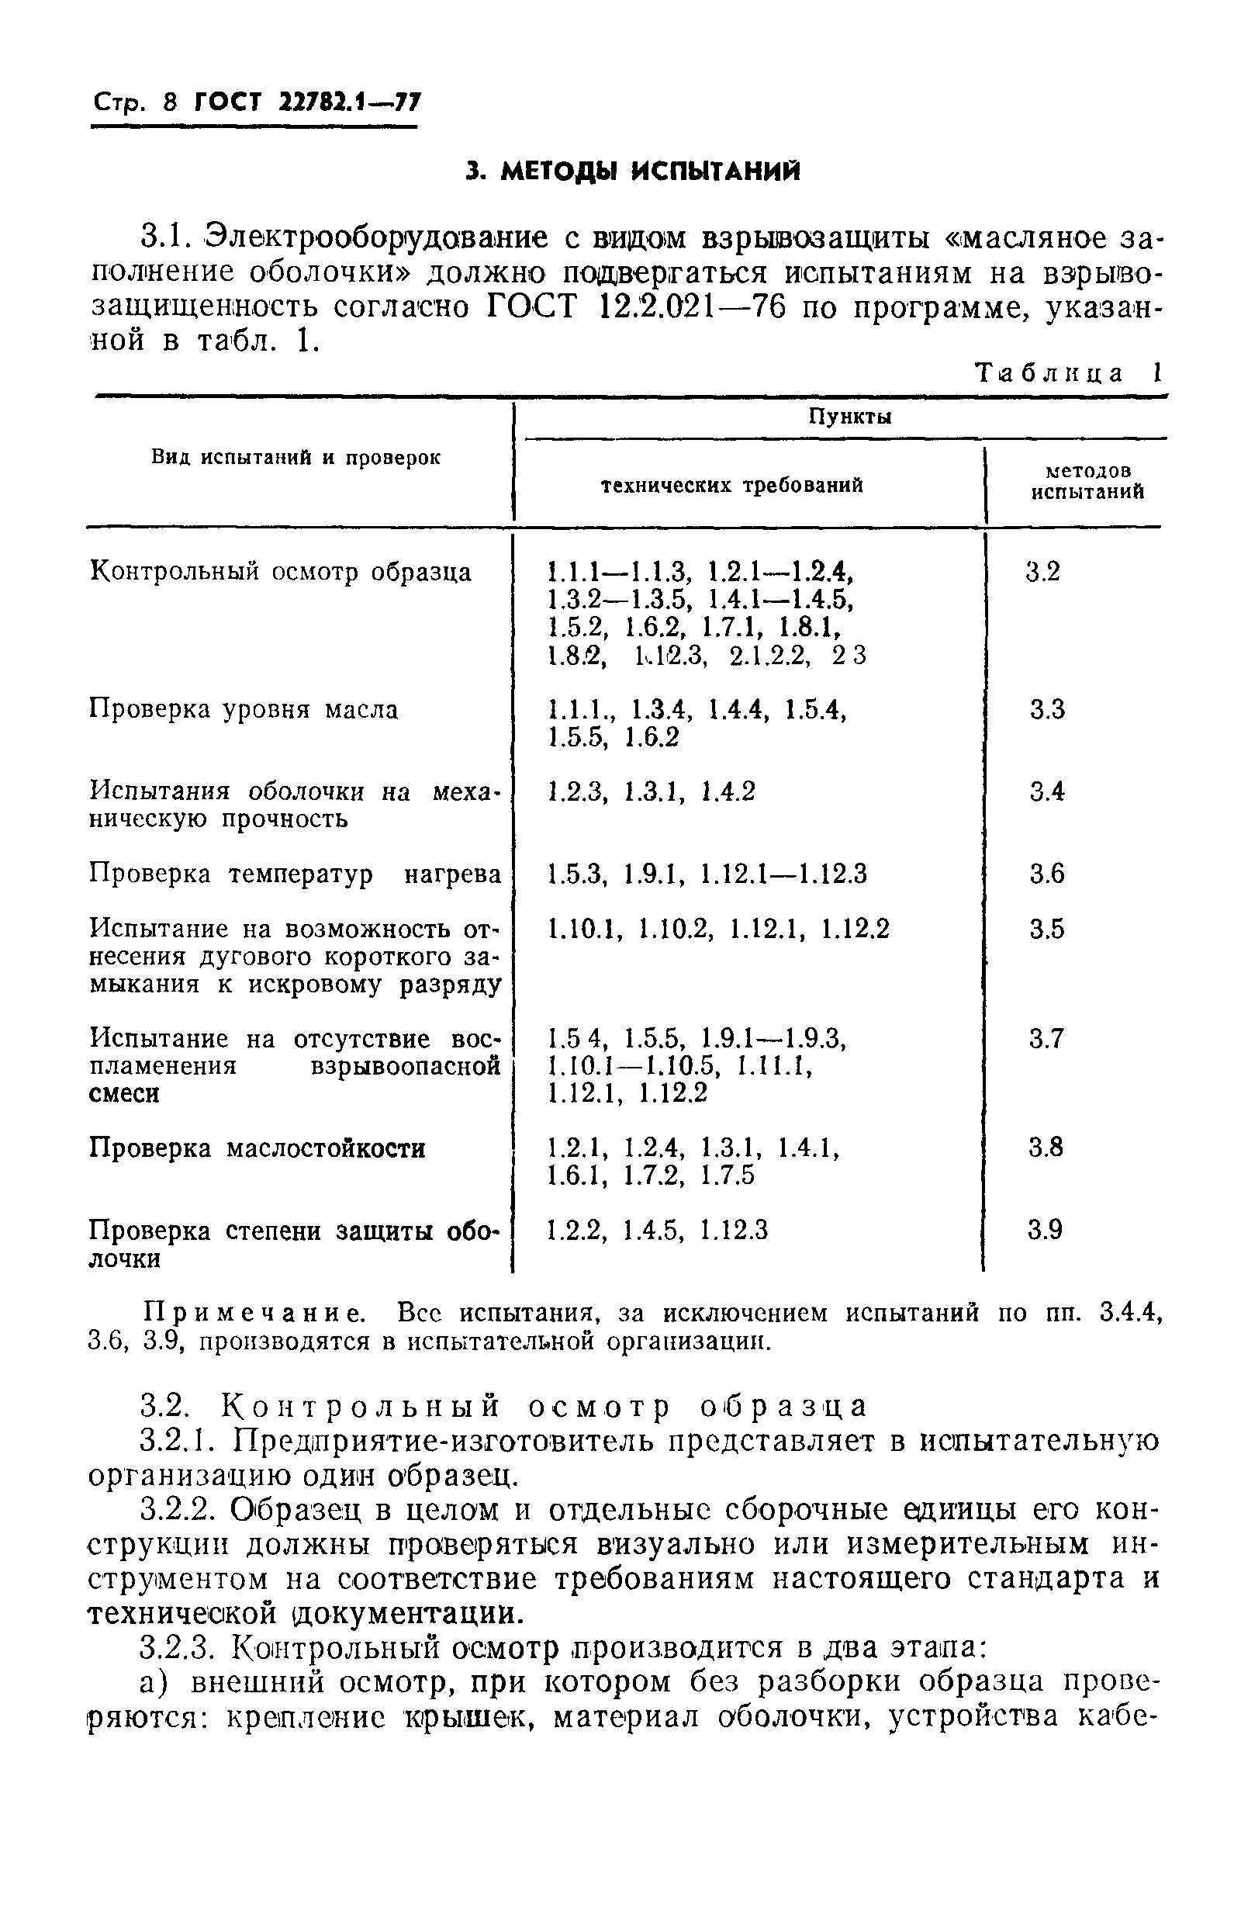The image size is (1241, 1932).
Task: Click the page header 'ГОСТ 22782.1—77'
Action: point(307,103)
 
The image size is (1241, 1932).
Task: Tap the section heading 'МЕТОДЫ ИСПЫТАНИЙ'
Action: point(634,171)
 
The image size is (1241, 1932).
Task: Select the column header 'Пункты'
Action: point(839,417)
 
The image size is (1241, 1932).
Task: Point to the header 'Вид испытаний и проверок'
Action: point(296,458)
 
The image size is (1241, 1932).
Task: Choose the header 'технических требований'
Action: point(732,485)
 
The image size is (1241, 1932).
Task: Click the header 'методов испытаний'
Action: point(1088,481)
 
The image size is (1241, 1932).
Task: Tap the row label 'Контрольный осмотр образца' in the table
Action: point(281,573)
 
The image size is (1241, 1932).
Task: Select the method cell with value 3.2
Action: point(1042,572)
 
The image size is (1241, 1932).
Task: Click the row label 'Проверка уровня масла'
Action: point(244,709)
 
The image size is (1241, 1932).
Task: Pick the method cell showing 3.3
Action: point(1047,709)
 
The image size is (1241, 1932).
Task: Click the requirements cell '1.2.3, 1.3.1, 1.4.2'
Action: point(651,792)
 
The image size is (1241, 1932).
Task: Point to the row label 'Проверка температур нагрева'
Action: point(295,874)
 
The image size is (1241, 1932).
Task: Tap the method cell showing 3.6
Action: point(1047,874)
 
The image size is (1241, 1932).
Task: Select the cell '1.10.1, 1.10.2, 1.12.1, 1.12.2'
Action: point(718,930)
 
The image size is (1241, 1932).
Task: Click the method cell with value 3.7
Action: point(1047,1038)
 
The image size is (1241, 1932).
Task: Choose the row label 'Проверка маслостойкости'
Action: point(257,1147)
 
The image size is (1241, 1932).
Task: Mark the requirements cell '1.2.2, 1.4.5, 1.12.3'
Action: point(658,1230)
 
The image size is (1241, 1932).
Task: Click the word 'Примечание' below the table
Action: point(254,1314)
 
